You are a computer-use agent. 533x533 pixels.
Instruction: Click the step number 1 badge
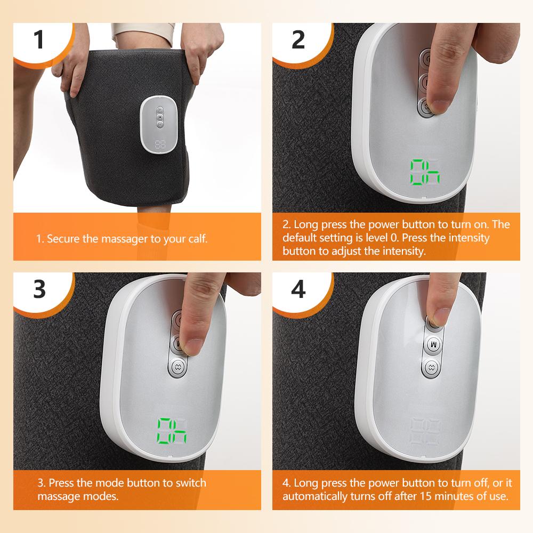pyautogui.click(x=38, y=39)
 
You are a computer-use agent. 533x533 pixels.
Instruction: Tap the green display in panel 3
pyautogui.click(x=172, y=431)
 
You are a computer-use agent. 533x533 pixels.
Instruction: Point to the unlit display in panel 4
pyautogui.click(x=424, y=431)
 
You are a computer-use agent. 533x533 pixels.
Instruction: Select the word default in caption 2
pyautogui.click(x=300, y=238)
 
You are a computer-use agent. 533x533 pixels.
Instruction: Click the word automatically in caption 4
pyautogui.click(x=316, y=496)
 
